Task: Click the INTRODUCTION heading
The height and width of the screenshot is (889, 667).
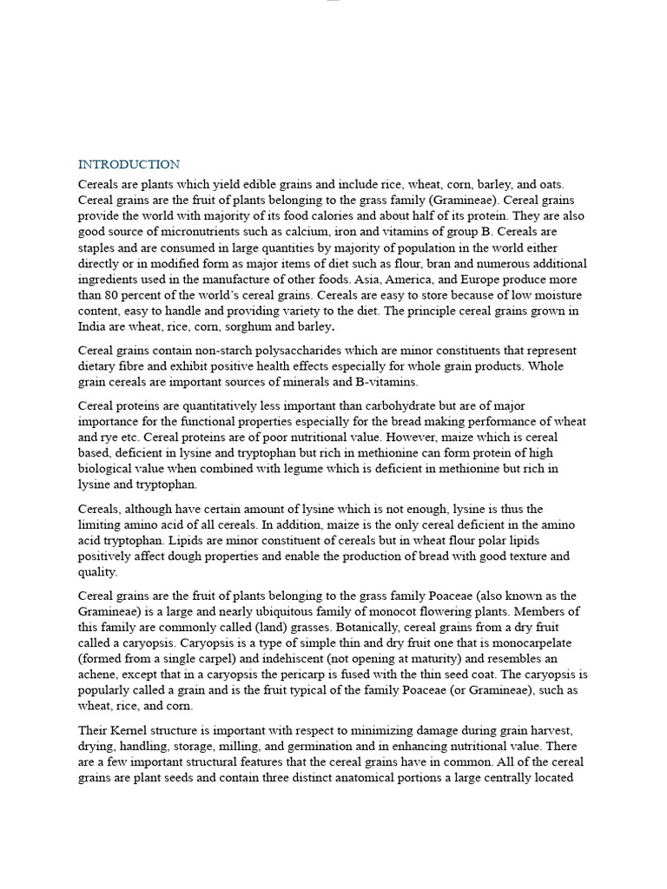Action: [129, 164]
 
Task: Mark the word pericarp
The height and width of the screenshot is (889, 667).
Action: [306, 674]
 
